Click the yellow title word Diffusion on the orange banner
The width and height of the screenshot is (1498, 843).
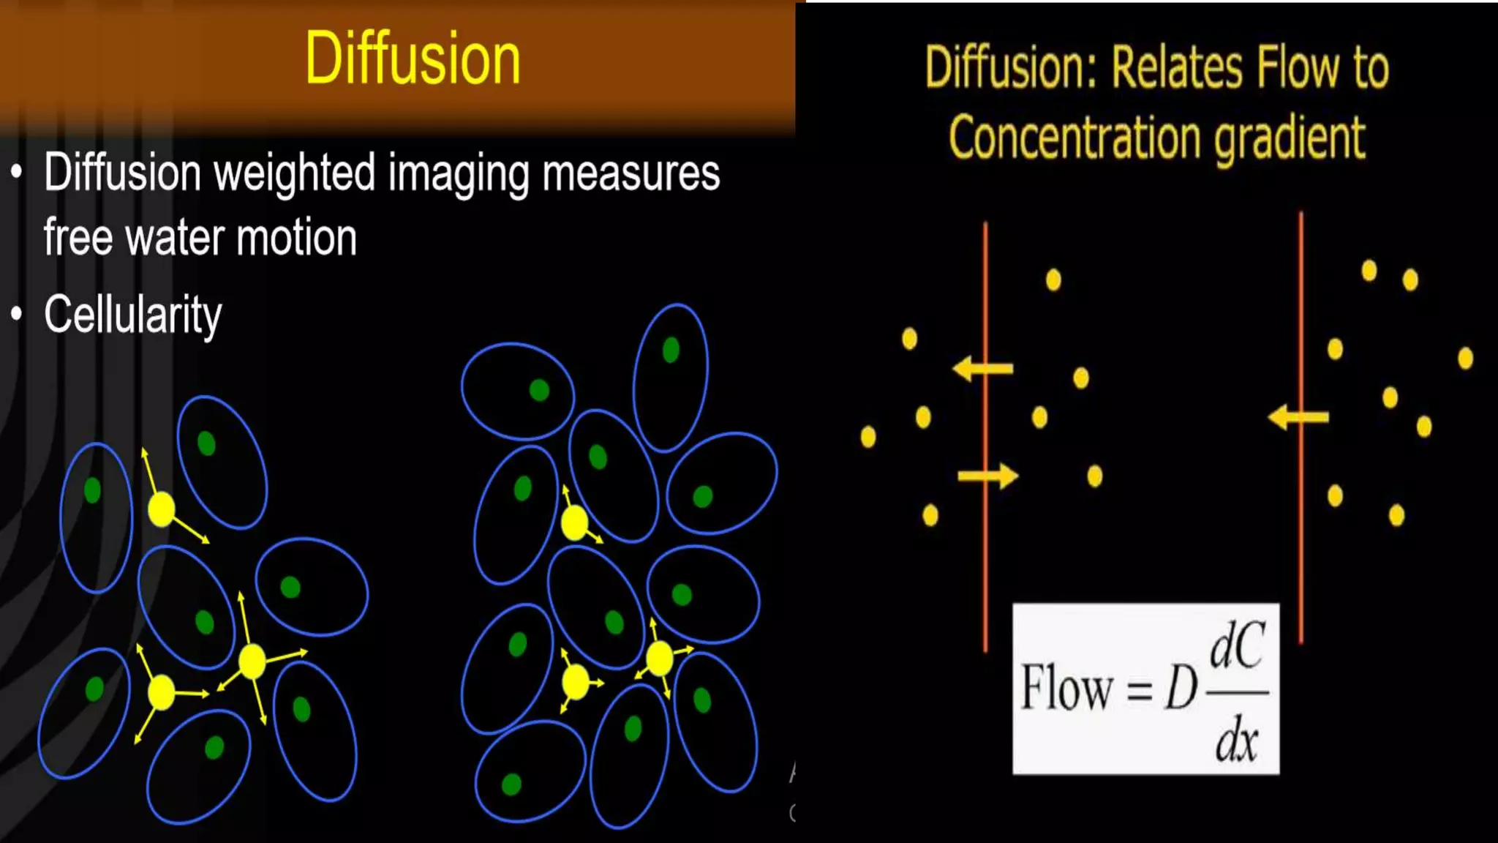click(413, 59)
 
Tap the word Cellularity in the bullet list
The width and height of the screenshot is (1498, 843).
click(132, 315)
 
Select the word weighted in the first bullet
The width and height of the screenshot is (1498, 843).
click(295, 174)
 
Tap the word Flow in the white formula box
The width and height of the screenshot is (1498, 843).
click(1066, 688)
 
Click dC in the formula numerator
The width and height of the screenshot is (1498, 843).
click(1237, 645)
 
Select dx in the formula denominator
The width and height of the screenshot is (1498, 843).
click(1236, 741)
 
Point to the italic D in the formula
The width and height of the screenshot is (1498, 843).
click(1180, 689)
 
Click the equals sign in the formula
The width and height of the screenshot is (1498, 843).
click(1140, 690)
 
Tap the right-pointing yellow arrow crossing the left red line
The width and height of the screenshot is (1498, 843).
click(987, 476)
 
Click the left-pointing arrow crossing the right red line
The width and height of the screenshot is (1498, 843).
click(1298, 417)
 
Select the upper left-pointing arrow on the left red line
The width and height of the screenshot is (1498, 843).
click(982, 368)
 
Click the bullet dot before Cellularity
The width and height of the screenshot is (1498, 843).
click(17, 314)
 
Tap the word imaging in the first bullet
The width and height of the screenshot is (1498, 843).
click(458, 174)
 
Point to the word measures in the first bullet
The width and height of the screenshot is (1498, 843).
click(631, 174)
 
